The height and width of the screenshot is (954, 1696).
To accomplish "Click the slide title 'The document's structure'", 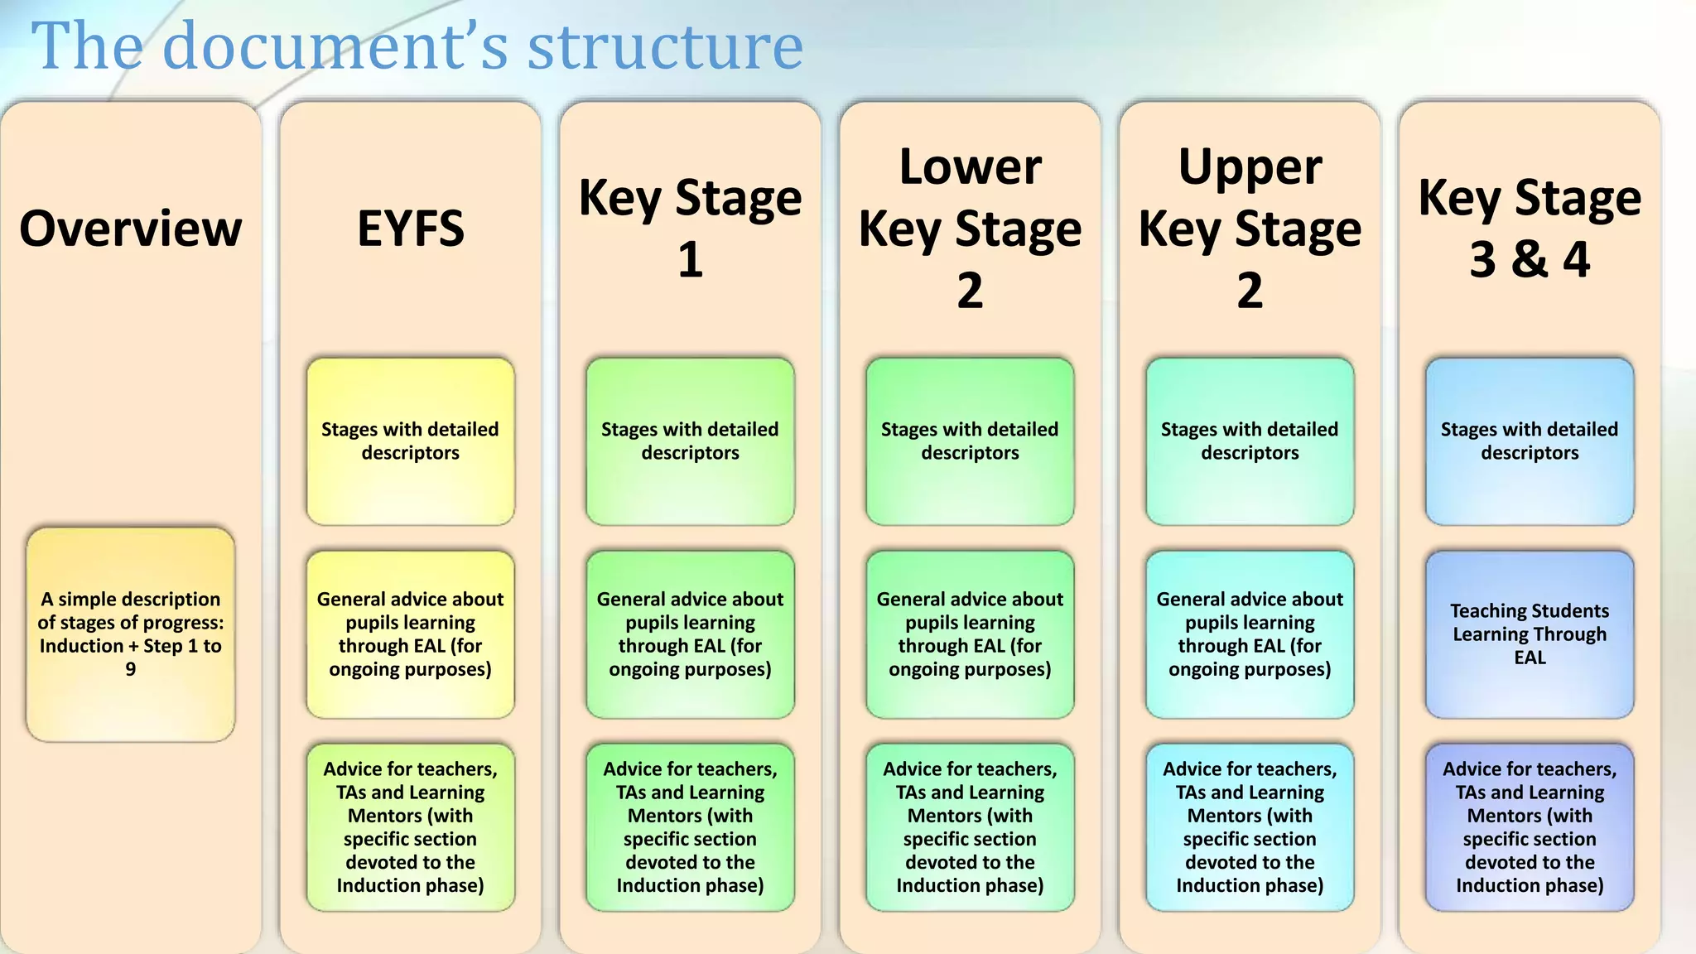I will click(417, 46).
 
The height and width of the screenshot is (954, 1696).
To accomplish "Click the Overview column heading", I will click(131, 229).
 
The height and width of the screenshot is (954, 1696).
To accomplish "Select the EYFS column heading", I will click(410, 229).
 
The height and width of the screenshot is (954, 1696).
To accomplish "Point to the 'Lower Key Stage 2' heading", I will click(970, 228).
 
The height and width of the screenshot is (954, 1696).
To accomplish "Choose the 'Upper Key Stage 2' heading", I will click(1250, 228).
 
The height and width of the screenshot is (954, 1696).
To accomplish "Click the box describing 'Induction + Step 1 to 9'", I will click(131, 634).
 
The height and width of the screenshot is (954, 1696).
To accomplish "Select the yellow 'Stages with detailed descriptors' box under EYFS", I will click(410, 441).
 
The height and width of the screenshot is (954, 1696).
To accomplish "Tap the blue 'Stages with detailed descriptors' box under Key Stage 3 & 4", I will click(1530, 441).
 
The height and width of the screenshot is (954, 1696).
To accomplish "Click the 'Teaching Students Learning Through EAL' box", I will click(1530, 634).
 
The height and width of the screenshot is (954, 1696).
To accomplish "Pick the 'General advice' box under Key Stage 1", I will click(690, 634).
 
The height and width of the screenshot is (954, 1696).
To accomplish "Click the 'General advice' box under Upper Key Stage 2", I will click(1250, 634).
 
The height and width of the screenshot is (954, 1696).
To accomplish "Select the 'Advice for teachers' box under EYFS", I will click(410, 826).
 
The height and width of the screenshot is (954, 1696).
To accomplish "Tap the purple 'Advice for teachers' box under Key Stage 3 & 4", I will click(1530, 826).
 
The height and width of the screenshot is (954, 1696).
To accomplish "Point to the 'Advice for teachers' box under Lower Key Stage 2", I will click(970, 826).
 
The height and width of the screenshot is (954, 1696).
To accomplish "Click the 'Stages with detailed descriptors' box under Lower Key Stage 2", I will click(970, 441).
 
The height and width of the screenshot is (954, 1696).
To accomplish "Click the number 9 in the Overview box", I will click(131, 669).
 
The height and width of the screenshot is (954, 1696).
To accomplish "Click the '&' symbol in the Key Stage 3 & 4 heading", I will click(1529, 259).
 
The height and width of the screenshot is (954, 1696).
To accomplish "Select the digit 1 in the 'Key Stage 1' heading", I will click(690, 260).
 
